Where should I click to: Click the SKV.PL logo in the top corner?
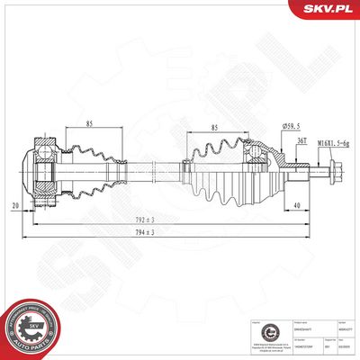pos(331,10)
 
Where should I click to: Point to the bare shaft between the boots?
pos(153,167)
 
